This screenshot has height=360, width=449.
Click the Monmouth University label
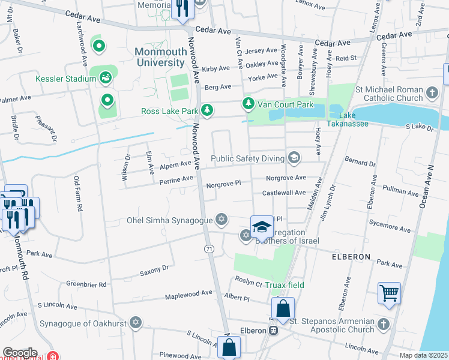160,56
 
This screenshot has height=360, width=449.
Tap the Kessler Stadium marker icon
106,77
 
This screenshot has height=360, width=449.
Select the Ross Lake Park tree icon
206,110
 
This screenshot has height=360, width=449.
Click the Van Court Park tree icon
248,104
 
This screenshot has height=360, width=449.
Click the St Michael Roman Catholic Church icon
432,93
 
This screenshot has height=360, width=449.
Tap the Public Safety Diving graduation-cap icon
294,158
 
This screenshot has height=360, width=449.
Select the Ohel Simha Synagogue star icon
221,220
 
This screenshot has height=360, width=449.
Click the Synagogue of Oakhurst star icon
136,324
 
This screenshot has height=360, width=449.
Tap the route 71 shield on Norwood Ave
209,248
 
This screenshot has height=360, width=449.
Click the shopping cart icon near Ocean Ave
390,294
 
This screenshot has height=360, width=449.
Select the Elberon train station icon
273,330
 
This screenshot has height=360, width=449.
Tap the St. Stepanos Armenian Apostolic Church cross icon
384,325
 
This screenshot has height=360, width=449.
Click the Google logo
20,352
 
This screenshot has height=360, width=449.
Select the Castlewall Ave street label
284,193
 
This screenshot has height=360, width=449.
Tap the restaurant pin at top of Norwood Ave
181,8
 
